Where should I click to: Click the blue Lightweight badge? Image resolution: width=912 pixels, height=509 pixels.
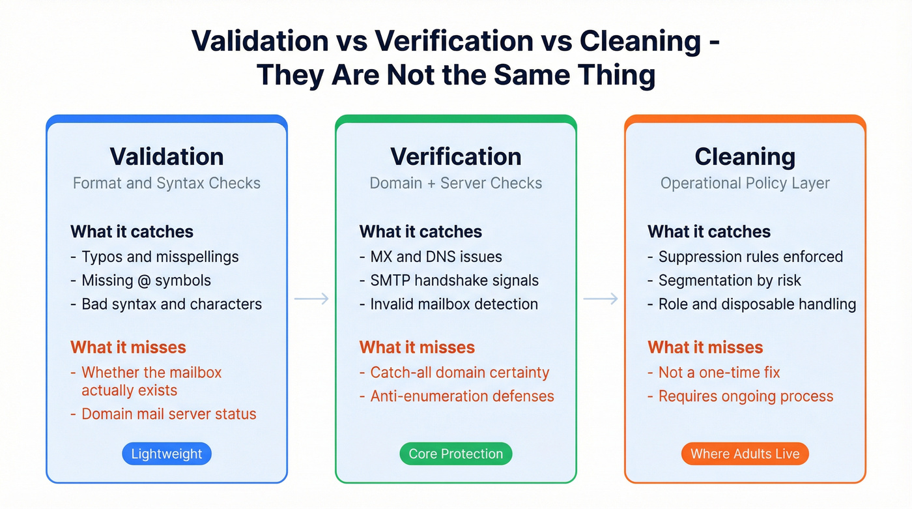tap(167, 454)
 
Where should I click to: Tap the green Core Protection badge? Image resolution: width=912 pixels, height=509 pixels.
tap(456, 454)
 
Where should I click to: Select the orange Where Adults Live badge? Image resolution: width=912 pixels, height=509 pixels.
tap(745, 454)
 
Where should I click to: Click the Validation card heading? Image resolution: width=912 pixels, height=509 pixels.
tap(167, 156)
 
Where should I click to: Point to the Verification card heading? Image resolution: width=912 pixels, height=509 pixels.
tap(456, 156)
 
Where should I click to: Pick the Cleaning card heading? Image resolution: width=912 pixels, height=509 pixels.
tap(745, 156)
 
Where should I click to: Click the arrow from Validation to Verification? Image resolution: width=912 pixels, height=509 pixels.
tap(311, 298)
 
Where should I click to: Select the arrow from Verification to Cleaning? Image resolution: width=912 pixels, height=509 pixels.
tap(600, 298)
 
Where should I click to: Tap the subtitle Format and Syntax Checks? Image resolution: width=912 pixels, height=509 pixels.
tap(167, 183)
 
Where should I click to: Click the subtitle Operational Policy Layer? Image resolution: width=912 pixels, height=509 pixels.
tap(745, 183)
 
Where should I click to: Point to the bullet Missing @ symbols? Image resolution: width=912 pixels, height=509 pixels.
tap(146, 280)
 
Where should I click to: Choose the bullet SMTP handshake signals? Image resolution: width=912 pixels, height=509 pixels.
tap(454, 280)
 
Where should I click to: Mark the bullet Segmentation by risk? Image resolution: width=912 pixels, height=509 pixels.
tap(730, 280)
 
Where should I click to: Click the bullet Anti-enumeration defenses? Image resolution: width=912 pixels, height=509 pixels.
tap(462, 396)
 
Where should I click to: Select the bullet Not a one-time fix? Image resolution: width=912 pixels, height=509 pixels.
tap(719, 373)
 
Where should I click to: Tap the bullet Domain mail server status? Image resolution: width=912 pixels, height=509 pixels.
tap(169, 414)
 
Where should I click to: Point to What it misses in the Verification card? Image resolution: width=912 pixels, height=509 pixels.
tap(417, 347)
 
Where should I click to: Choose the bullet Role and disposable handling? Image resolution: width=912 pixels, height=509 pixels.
tap(757, 304)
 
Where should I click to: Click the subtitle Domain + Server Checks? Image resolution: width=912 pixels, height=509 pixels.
tap(456, 183)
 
